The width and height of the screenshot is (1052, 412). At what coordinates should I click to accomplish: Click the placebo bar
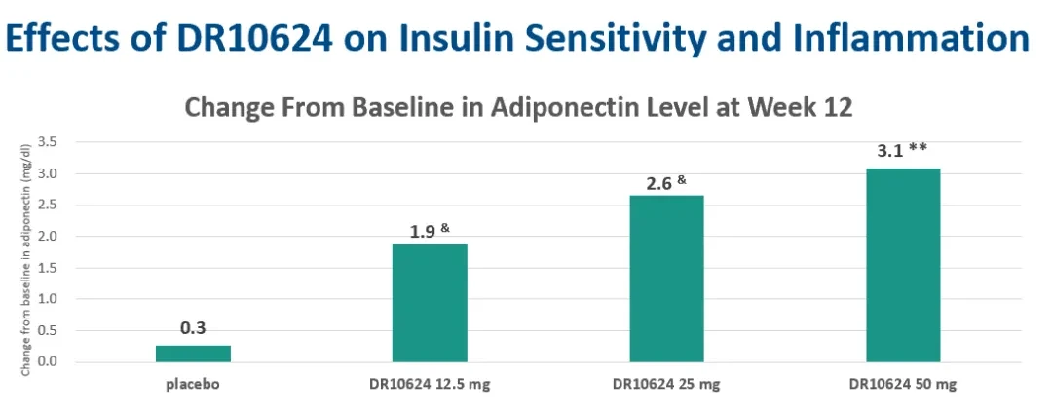(x=193, y=354)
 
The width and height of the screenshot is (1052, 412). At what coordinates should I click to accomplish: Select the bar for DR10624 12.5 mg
(x=430, y=303)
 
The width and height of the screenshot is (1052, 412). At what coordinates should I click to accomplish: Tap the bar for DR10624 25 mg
(x=666, y=280)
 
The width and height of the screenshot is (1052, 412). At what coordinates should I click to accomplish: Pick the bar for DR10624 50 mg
(x=903, y=265)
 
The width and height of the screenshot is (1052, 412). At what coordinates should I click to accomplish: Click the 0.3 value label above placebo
(x=193, y=329)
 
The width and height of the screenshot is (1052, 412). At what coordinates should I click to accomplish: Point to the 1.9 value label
(x=422, y=232)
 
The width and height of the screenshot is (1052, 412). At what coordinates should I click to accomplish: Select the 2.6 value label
(x=658, y=183)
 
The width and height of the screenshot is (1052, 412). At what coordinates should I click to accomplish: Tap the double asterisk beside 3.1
(x=918, y=147)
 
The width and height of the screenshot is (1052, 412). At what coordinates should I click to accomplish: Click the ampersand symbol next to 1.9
(x=445, y=228)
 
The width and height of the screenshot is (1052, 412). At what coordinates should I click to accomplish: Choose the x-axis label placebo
(x=193, y=385)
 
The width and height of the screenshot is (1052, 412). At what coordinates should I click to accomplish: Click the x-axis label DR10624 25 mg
(x=666, y=385)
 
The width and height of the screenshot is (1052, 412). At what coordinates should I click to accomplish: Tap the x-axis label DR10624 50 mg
(x=904, y=385)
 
